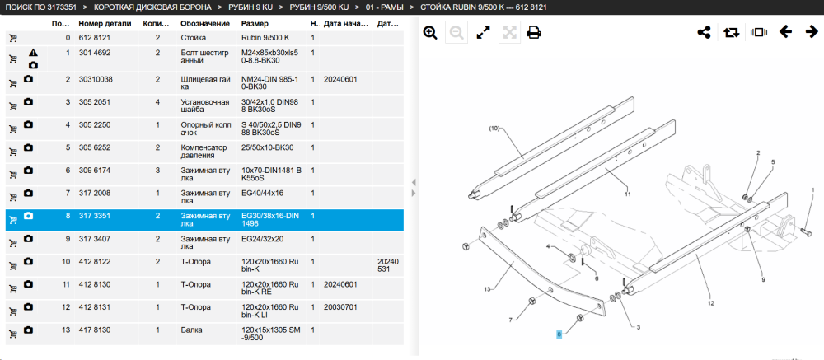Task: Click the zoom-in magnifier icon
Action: [430, 33]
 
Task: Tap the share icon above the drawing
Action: [704, 33]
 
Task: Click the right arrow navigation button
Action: [812, 32]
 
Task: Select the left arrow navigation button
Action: [785, 32]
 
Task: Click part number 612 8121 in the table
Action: [95, 38]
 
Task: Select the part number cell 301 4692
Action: [95, 53]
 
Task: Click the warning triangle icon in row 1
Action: [33, 53]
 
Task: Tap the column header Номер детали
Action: [102, 24]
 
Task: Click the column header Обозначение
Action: [205, 24]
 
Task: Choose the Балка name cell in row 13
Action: [191, 330]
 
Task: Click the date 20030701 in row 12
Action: [340, 307]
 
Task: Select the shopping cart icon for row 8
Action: [13, 220]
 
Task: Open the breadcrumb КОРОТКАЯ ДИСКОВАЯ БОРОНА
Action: [153, 7]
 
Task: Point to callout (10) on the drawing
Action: [494, 129]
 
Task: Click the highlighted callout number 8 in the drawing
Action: [559, 334]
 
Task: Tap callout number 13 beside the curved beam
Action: [487, 289]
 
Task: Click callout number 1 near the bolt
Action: [813, 189]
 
